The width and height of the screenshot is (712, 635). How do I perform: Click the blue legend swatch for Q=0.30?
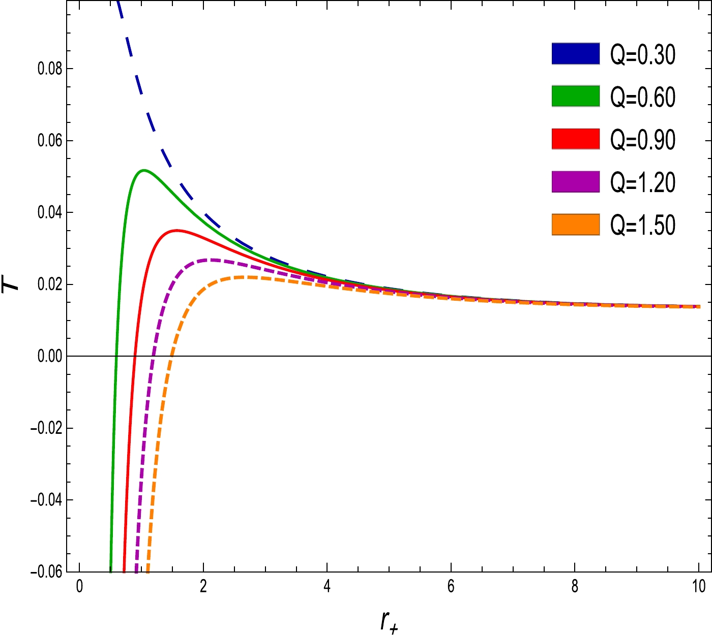pyautogui.click(x=576, y=53)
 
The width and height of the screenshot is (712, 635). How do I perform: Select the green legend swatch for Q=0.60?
pyautogui.click(x=576, y=96)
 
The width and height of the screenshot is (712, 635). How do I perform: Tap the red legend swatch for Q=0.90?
pyautogui.click(x=576, y=139)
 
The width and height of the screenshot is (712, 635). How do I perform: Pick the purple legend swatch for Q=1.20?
pyautogui.click(x=576, y=181)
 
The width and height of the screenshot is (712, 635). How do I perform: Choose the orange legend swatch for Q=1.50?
pyautogui.click(x=576, y=224)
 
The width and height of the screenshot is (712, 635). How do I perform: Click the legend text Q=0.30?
pyautogui.click(x=643, y=54)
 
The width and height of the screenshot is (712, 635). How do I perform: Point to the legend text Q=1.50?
pyautogui.click(x=643, y=225)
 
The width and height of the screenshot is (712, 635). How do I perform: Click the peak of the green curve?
pyautogui.click(x=144, y=170)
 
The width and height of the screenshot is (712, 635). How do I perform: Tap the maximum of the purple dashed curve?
pyautogui.click(x=211, y=260)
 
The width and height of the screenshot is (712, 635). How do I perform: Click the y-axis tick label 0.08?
pyautogui.click(x=50, y=69)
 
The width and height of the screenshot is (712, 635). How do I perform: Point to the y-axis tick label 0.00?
pyautogui.click(x=50, y=356)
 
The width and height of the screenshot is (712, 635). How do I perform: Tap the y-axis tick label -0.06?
pyautogui.click(x=46, y=572)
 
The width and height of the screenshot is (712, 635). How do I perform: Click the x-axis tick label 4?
pyautogui.click(x=327, y=587)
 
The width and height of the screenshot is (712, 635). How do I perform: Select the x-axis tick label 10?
pyautogui.click(x=699, y=587)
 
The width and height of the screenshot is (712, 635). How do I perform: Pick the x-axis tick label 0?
pyautogui.click(x=79, y=587)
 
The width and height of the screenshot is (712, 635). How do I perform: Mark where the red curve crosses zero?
pyautogui.click(x=135, y=356)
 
